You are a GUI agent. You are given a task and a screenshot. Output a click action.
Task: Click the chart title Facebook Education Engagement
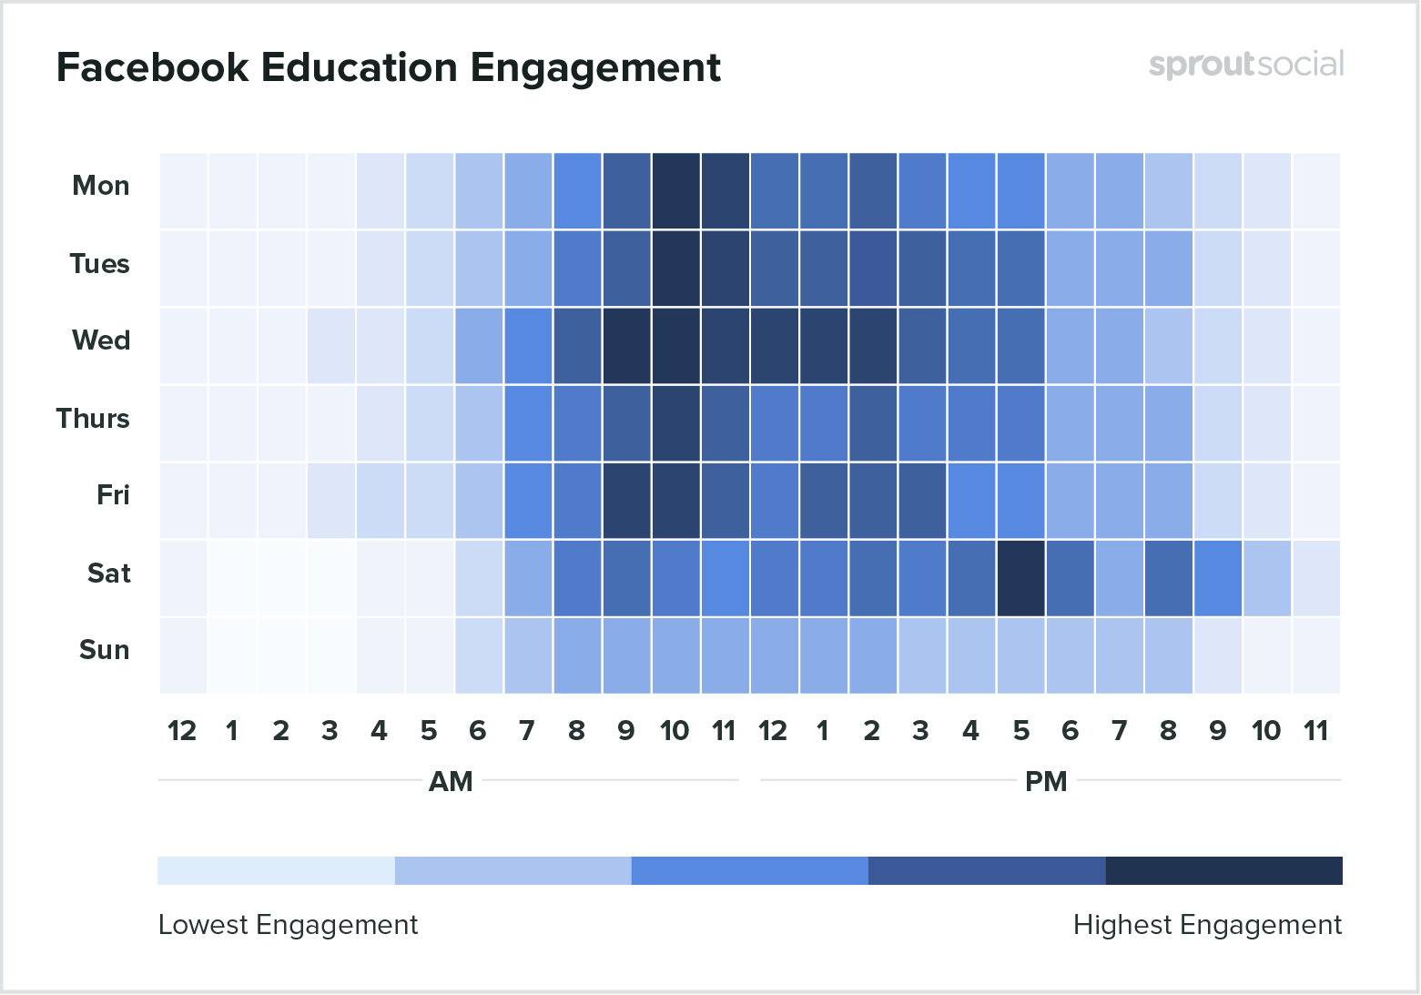pos(389,67)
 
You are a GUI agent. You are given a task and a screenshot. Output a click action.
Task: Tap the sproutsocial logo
pos(1245,65)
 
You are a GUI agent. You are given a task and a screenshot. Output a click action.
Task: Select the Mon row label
pos(100,186)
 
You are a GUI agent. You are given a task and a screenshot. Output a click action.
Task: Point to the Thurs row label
pos(93,419)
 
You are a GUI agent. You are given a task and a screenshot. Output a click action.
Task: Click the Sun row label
pos(104,650)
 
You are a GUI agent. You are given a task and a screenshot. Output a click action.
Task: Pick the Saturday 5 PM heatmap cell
pos(1020,578)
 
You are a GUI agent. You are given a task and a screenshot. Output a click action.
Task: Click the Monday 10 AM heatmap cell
pos(675,191)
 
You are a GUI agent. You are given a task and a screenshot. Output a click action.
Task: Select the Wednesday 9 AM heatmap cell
pos(626,346)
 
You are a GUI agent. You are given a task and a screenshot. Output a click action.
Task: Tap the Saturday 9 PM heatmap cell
pos(1218,578)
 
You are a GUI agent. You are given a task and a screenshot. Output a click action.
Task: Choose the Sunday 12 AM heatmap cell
pos(183,655)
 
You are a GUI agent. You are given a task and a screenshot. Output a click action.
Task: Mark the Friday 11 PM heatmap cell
pos(1316,501)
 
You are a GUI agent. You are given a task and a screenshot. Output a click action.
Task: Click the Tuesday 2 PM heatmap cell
pos(872,269)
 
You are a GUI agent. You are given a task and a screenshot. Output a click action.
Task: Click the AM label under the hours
pos(451,781)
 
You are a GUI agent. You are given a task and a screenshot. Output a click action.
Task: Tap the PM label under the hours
pos(1046,781)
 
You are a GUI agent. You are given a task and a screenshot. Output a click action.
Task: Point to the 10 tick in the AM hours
pos(675,731)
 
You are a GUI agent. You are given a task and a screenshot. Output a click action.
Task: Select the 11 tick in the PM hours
pos(1316,731)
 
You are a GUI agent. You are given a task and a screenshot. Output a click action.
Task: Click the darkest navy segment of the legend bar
pos(1223,870)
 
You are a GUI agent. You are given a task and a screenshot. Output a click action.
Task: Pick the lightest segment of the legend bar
pos(276,870)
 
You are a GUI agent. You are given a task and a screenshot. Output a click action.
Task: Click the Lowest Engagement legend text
pos(288,925)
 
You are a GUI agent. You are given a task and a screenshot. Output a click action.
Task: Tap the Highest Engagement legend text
pos(1207,925)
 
